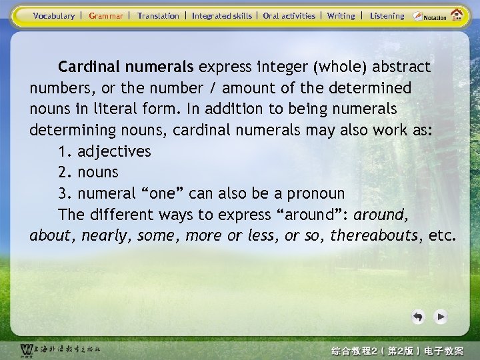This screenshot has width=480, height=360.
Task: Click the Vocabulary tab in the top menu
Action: (53, 15)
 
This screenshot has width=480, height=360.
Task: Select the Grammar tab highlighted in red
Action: (106, 15)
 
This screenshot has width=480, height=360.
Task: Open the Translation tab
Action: (158, 15)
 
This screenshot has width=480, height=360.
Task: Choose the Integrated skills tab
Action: (221, 15)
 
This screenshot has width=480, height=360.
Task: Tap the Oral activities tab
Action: (289, 15)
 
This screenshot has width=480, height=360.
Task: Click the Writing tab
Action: (341, 15)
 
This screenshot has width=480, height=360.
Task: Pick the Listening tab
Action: (387, 15)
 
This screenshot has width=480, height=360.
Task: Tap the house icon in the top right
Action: (457, 15)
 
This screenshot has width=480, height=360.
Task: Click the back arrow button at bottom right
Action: (418, 317)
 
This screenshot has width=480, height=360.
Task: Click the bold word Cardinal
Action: (87, 67)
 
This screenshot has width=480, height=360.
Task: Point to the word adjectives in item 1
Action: (114, 151)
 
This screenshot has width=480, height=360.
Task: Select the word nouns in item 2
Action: (98, 173)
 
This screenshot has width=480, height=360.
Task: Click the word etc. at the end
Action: (443, 236)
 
